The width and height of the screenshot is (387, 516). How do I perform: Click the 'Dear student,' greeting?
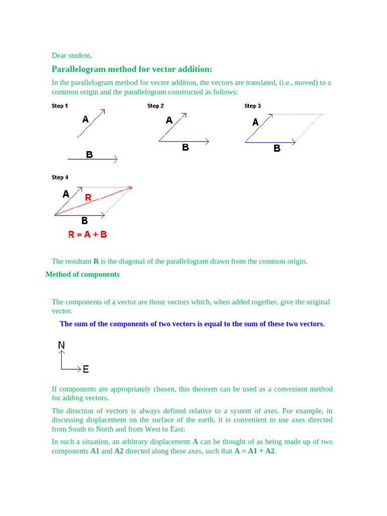click(72, 55)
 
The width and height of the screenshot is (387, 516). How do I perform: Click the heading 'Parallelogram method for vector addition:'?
click(132, 69)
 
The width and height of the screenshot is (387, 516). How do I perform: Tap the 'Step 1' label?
click(60, 106)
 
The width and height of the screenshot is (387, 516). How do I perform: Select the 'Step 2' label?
click(156, 106)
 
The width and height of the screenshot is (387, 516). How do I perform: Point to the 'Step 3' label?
click(252, 106)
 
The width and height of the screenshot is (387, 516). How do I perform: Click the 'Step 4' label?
click(60, 177)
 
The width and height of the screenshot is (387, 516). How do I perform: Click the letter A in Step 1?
click(85, 119)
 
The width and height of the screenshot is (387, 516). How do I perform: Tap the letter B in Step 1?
click(89, 155)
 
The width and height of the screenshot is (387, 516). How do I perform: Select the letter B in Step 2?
click(185, 148)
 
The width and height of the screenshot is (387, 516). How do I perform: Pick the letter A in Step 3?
click(255, 122)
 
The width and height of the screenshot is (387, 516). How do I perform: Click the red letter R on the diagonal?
click(88, 198)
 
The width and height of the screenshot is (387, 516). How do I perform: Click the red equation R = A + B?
click(88, 234)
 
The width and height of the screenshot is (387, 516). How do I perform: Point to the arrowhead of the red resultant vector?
click(131, 188)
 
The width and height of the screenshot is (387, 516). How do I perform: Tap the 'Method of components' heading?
click(83, 275)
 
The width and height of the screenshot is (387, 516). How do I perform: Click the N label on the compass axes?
click(61, 345)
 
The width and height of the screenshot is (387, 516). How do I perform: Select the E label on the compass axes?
click(86, 369)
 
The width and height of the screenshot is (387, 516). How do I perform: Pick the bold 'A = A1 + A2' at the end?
click(254, 451)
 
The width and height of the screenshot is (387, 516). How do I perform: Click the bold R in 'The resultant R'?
click(96, 262)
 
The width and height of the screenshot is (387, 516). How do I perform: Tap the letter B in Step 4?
click(85, 221)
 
